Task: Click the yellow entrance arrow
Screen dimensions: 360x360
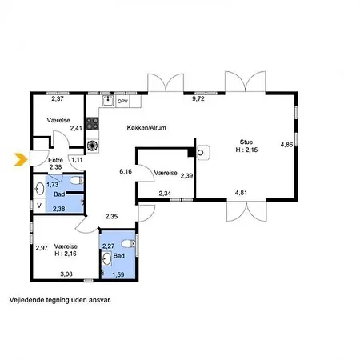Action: pyautogui.click(x=21, y=160)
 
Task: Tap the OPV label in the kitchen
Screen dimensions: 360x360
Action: pyautogui.click(x=122, y=102)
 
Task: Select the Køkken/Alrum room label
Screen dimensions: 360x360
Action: pyautogui.click(x=146, y=128)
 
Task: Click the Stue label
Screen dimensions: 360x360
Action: pyautogui.click(x=246, y=142)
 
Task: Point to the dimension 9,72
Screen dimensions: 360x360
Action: pyautogui.click(x=198, y=98)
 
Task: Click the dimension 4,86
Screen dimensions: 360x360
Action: pyautogui.click(x=286, y=145)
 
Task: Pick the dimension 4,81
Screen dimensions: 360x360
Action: pyautogui.click(x=241, y=193)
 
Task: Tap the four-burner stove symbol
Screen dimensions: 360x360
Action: pyautogui.click(x=93, y=124)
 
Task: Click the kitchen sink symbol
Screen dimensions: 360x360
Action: pyautogui.click(x=108, y=101)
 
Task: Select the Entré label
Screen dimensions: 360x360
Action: pyautogui.click(x=56, y=160)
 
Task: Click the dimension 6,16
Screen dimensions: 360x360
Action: pyautogui.click(x=126, y=171)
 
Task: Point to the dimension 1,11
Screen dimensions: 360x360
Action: pyautogui.click(x=77, y=160)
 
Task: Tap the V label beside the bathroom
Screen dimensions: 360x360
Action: pyautogui.click(x=39, y=206)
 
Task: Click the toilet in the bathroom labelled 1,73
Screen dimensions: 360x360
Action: pyautogui.click(x=77, y=181)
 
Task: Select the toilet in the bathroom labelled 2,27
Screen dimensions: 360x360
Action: pyautogui.click(x=128, y=243)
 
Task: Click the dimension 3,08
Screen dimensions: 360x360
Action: pyautogui.click(x=66, y=274)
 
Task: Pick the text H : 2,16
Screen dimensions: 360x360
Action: pyautogui.click(x=66, y=254)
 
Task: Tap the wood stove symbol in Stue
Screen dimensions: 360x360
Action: pyautogui.click(x=202, y=152)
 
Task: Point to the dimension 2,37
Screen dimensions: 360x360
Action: pyautogui.click(x=58, y=98)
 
